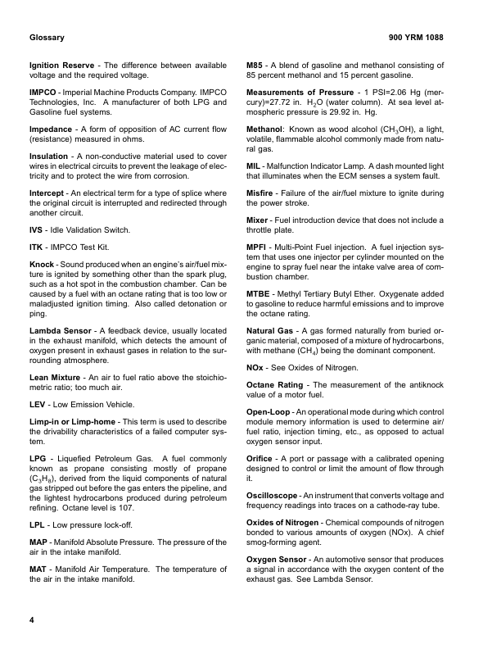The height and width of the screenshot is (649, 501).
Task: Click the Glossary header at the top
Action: pos(47,39)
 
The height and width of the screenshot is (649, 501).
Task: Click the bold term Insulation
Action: pos(49,156)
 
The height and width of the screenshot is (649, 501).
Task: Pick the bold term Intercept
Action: pos(48,193)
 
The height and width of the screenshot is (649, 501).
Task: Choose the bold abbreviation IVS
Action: pos(37,230)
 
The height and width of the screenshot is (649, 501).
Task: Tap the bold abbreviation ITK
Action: pos(36,247)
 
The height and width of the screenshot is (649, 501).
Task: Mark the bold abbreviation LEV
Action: pos(38,405)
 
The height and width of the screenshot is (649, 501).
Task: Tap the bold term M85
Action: pos(256,66)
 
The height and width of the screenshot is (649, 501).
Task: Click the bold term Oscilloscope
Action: pos(278,496)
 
